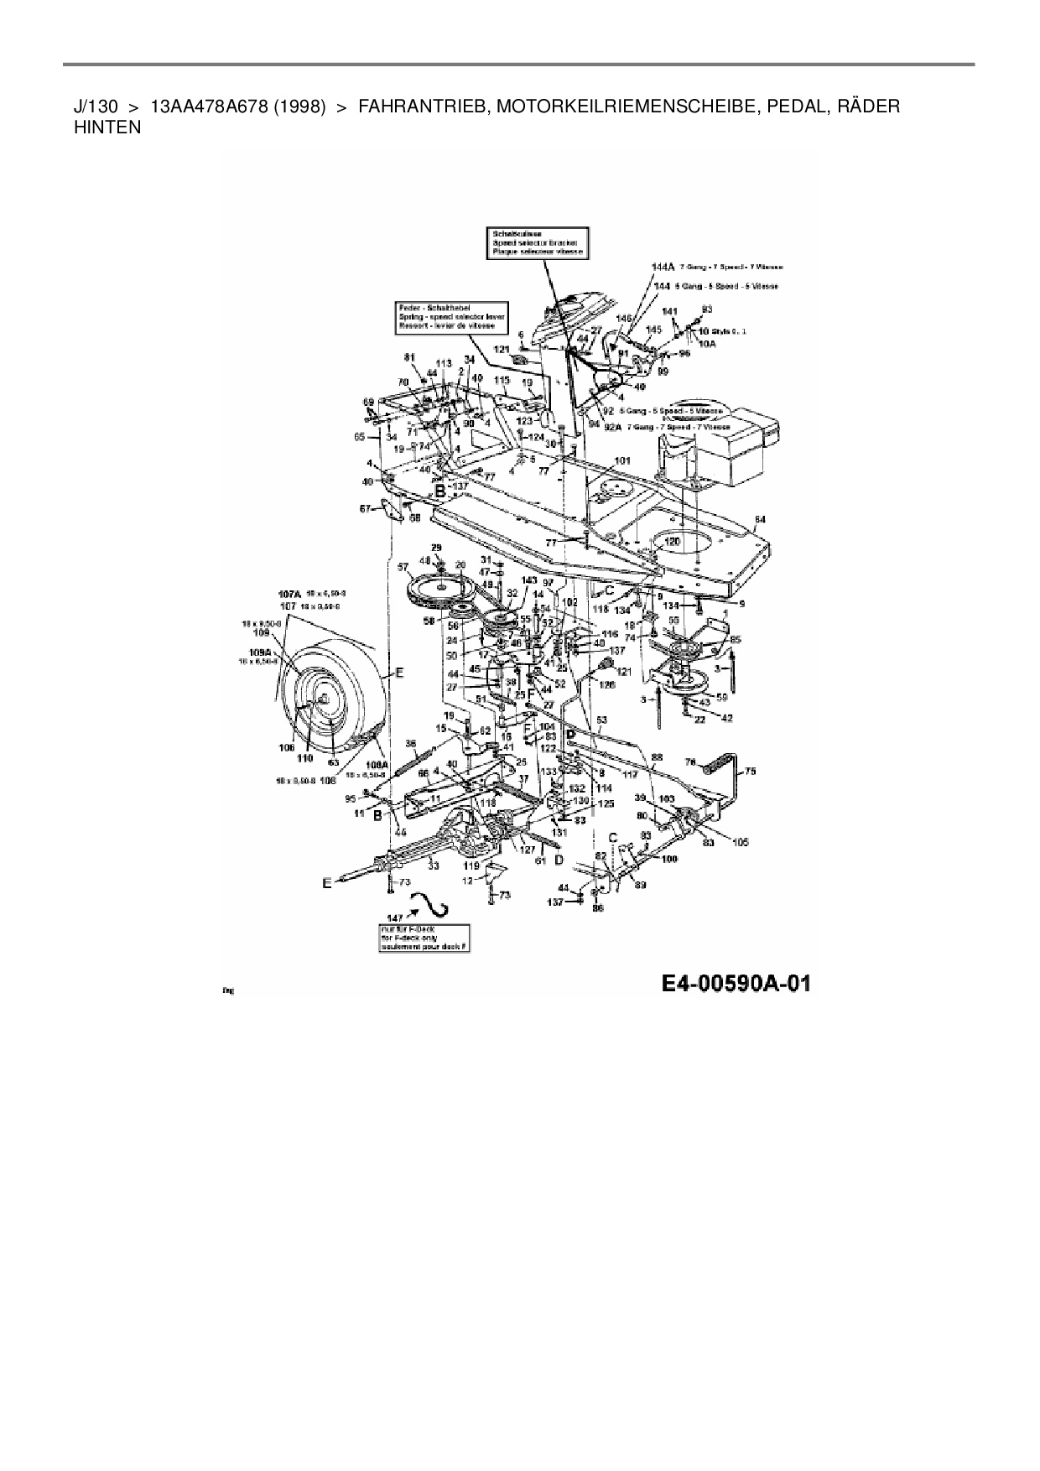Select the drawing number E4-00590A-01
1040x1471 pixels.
click(x=736, y=984)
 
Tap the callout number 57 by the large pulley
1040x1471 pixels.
click(x=403, y=568)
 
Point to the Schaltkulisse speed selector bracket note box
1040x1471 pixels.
click(x=537, y=242)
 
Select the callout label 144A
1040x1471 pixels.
click(x=663, y=266)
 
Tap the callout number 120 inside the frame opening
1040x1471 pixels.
click(x=673, y=543)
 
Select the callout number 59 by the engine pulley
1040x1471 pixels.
click(x=721, y=695)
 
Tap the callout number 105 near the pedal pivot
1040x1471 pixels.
click(x=740, y=842)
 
